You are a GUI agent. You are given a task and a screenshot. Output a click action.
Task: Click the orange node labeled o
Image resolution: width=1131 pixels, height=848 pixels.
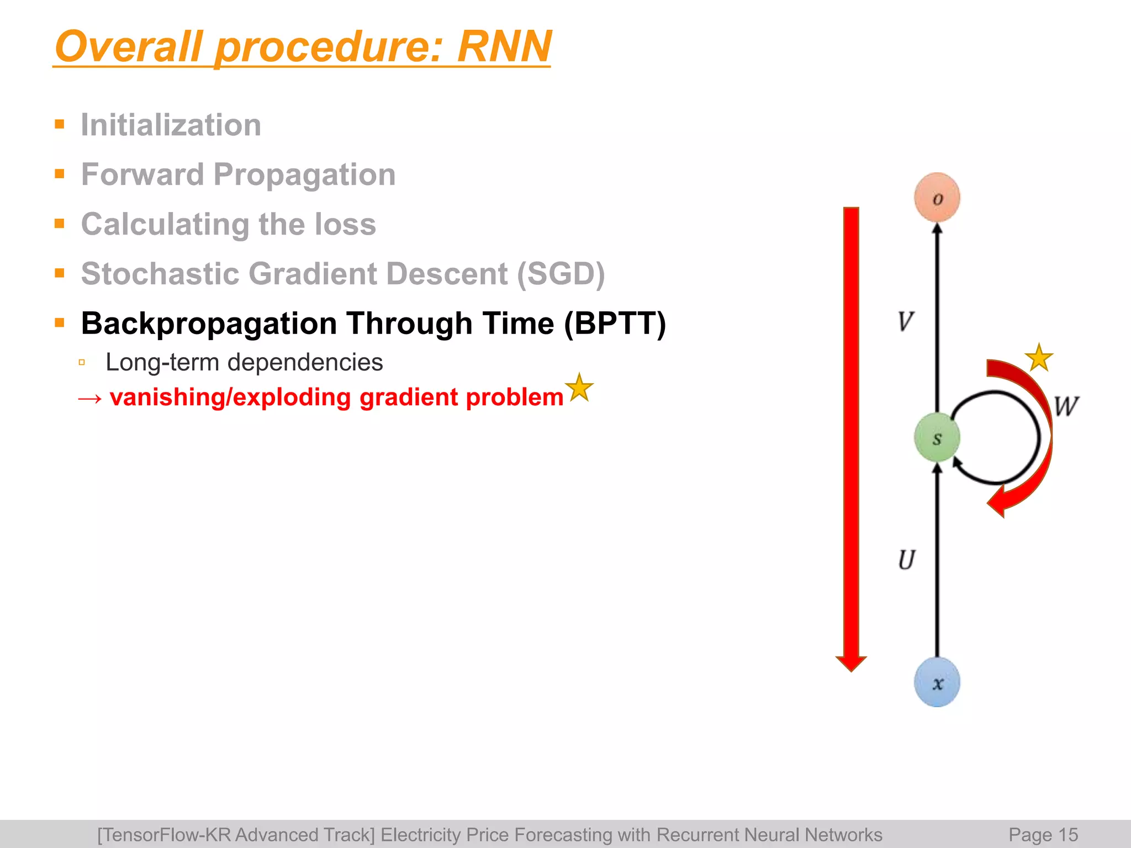(937, 198)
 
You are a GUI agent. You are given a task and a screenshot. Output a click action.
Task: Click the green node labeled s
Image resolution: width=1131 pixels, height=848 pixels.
(937, 438)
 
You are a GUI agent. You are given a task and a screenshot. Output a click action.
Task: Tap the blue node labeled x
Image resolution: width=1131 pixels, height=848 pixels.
(937, 682)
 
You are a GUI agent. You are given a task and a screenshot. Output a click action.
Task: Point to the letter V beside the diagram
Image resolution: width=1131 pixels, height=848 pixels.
(906, 321)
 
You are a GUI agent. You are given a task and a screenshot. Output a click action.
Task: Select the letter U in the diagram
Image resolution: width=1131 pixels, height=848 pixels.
(906, 560)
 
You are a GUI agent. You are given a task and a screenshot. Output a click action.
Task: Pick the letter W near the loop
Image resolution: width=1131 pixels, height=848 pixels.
(1066, 406)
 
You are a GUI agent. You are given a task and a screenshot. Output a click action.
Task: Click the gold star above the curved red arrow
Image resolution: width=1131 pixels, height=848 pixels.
(1039, 358)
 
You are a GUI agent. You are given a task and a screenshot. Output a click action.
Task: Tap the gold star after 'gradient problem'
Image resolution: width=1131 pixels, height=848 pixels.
(579, 387)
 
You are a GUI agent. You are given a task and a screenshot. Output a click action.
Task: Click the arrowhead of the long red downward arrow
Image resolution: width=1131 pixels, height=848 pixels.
(851, 664)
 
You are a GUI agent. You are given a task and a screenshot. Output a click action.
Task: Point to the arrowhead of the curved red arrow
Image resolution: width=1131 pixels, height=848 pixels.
(997, 502)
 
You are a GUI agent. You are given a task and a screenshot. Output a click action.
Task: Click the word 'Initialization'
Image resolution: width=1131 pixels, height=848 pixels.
(171, 125)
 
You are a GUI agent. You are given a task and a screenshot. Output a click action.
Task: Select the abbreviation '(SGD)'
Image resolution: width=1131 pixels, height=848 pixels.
(561, 274)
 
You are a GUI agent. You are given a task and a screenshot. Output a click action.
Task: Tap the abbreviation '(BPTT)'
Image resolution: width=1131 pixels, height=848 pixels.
(615, 324)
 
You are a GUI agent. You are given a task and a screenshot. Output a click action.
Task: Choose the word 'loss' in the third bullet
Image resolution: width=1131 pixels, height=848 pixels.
(345, 224)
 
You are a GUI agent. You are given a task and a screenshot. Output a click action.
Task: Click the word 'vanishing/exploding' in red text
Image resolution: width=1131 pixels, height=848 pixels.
(230, 397)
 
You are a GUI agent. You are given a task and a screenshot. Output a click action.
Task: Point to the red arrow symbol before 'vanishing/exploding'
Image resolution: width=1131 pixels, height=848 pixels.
(89, 399)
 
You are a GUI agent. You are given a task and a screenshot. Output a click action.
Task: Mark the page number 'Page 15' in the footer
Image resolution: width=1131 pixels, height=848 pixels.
(1043, 835)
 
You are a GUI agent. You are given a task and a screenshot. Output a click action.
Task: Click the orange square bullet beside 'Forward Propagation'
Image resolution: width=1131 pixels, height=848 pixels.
(60, 174)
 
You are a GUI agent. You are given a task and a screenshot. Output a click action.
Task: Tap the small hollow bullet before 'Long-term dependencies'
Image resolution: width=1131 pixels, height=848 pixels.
(82, 363)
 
